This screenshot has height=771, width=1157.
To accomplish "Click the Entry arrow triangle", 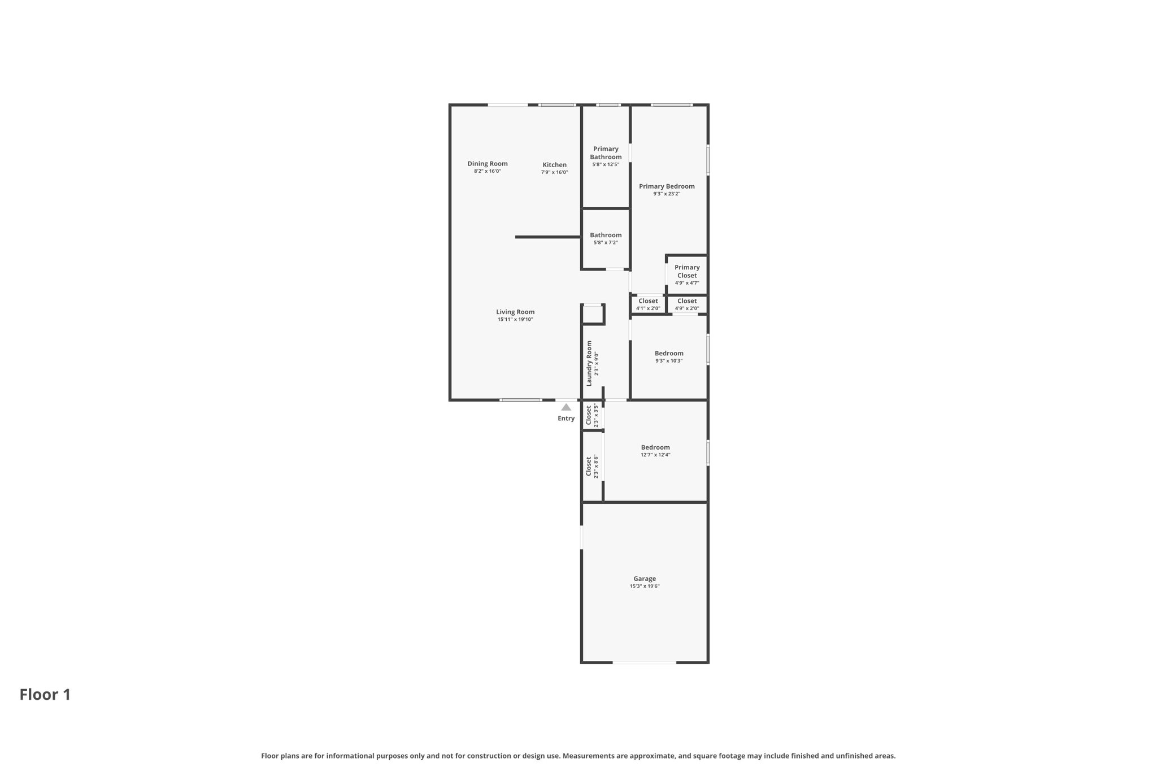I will (566, 407).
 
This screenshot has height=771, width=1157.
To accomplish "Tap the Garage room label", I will (644, 578).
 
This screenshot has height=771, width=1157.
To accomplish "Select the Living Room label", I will (515, 312).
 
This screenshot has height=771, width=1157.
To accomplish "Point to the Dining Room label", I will (487, 164).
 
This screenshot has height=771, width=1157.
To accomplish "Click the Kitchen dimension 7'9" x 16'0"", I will (554, 172).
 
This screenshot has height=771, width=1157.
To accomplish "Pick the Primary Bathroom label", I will (606, 153).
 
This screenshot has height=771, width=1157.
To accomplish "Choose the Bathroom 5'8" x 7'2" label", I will (606, 235).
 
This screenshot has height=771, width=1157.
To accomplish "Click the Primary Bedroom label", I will (667, 186).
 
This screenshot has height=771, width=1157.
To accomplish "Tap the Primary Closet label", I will (687, 272).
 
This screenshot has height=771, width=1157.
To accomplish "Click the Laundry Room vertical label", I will (589, 363).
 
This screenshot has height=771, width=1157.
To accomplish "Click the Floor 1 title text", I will (45, 695).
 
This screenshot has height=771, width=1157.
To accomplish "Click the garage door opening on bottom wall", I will (644, 663).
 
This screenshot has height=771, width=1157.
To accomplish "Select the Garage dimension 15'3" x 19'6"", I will (645, 586).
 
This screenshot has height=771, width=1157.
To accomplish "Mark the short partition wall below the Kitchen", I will (547, 237).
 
